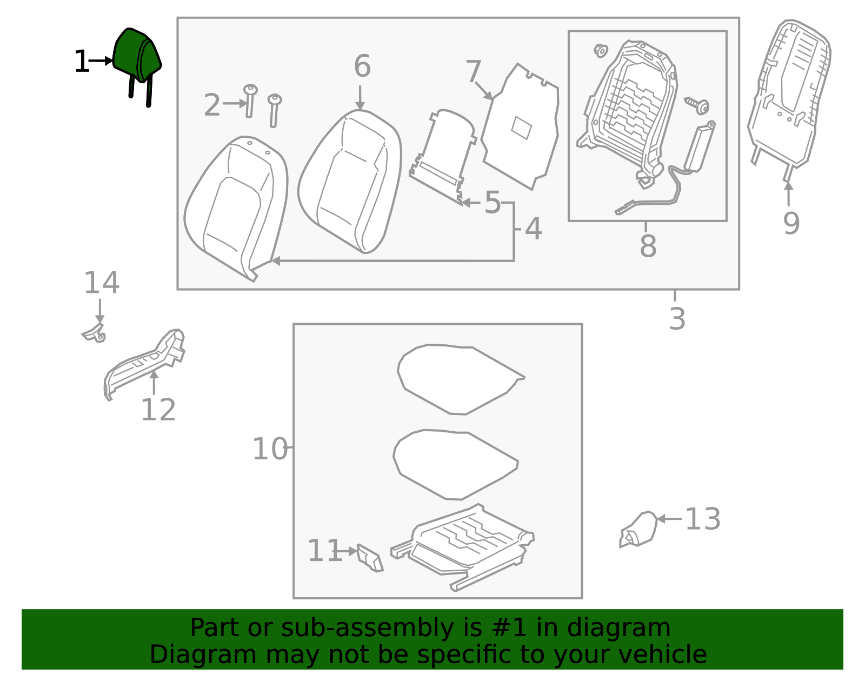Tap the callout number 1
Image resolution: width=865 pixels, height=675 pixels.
tap(82, 61)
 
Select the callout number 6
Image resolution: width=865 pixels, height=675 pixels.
tap(362, 66)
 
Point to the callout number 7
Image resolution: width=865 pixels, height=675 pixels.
tap(473, 71)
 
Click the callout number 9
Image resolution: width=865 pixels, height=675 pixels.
tap(791, 223)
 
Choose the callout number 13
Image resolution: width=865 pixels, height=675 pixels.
tap(703, 519)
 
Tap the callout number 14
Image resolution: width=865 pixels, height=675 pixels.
tap(102, 283)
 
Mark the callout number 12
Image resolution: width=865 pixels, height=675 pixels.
tap(158, 410)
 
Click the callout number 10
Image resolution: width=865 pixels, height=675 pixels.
tap(270, 449)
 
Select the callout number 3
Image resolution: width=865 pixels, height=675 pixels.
tap(677, 319)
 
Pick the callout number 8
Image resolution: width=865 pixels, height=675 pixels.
tap(648, 245)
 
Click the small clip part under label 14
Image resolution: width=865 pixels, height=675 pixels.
tap(95, 333)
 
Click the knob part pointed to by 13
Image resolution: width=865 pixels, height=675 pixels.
tap(638, 529)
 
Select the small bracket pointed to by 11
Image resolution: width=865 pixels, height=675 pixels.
tap(370, 558)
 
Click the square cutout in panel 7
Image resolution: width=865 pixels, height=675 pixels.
tap(522, 128)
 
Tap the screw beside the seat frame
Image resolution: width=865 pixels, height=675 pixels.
tap(697, 105)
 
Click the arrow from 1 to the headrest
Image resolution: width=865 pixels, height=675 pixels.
tap(101, 61)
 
